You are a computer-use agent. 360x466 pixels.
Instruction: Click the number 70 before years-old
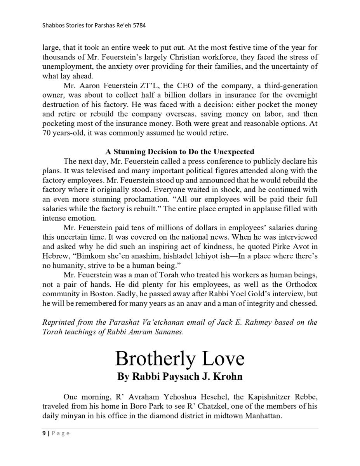coord(47,133)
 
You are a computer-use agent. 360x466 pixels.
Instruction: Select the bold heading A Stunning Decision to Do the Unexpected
coord(180,151)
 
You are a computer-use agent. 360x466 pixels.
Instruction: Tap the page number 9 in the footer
coord(44,433)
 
